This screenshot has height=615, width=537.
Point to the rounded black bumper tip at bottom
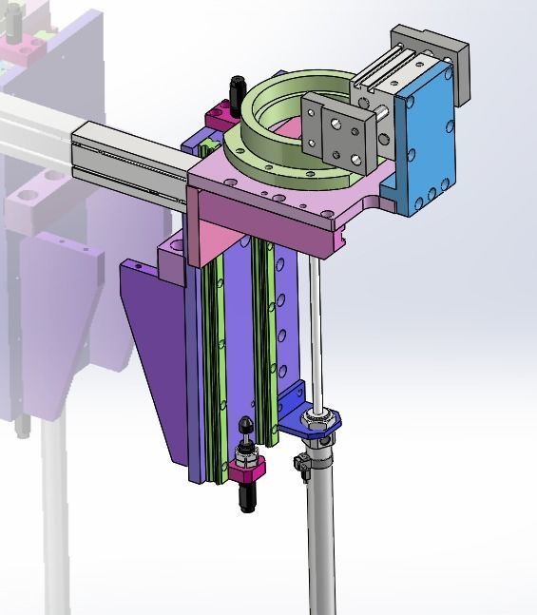coord(246,425)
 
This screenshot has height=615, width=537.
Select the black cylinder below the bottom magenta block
coord(247,497)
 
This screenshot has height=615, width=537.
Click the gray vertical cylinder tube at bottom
coord(321,532)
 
